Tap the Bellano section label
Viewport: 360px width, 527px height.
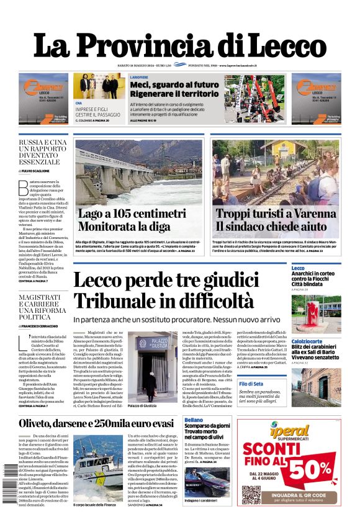(193, 420)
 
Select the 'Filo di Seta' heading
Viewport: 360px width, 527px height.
(304, 384)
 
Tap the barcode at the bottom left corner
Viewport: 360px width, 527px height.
(8, 484)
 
